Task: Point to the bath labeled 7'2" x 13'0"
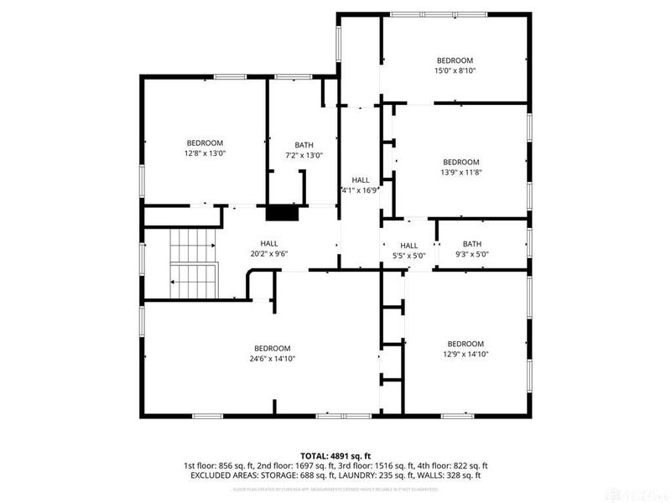point(304,150)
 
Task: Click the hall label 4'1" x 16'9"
point(361,185)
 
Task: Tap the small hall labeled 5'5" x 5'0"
point(408,250)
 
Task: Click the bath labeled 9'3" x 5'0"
point(471,250)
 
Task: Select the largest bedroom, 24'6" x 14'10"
point(273,354)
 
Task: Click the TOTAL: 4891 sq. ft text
point(335,454)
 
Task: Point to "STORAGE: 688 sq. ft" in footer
point(290,475)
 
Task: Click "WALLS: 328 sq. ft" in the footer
point(455,475)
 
